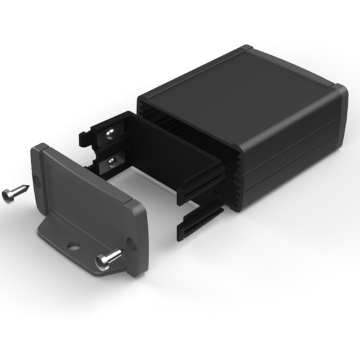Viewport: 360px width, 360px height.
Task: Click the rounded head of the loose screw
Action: [7, 195]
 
